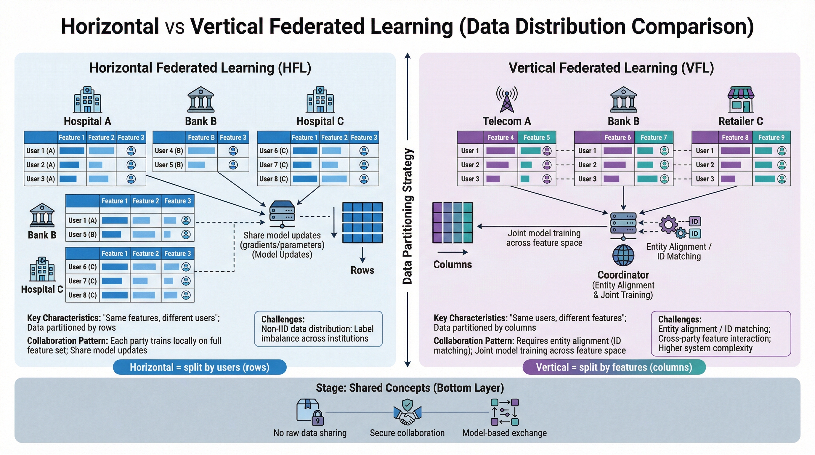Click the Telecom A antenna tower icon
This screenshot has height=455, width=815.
pos(507,99)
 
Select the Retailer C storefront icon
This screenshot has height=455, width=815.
pos(741,99)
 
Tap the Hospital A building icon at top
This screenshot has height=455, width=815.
pos(87,99)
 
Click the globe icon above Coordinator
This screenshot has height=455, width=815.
pos(623,255)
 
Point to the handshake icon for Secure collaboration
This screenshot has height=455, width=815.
pos(407,412)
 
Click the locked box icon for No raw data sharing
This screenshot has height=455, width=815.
pos(310,412)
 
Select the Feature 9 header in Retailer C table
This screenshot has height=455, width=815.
pos(771,137)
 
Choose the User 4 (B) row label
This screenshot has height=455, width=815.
pos(169,150)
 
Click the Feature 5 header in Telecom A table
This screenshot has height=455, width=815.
pos(537,137)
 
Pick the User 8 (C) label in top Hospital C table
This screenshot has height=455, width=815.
pos(274,179)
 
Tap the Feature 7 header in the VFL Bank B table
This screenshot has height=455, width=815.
pos(654,137)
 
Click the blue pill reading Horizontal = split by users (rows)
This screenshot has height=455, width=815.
pos(200,367)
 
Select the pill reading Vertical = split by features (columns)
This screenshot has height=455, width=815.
pos(614,367)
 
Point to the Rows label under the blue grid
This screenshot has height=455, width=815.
pos(362,270)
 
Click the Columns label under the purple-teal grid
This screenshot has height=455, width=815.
pos(453,265)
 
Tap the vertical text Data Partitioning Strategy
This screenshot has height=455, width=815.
pos(407,216)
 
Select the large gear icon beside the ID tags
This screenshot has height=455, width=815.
pos(668,225)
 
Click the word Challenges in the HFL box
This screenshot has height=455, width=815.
pos(283,319)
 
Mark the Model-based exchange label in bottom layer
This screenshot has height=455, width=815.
pos(505,433)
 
